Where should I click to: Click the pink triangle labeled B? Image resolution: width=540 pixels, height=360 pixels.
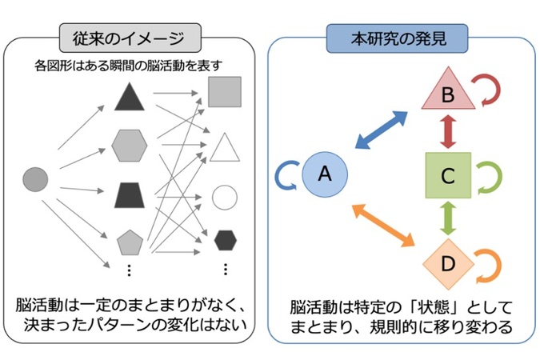(448, 93)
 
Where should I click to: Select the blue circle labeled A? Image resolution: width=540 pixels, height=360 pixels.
(325, 174)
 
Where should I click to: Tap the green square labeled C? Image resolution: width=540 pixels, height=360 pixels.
(448, 175)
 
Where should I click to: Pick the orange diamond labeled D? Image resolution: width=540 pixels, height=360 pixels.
(448, 264)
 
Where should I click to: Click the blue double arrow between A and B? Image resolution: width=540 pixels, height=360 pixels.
(382, 130)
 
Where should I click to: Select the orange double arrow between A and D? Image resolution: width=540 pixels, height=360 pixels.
(383, 226)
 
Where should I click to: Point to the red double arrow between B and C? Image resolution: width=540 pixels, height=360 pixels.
(448, 131)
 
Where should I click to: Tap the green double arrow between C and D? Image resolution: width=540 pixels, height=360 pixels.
(448, 218)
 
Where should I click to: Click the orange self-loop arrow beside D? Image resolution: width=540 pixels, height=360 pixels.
(498, 266)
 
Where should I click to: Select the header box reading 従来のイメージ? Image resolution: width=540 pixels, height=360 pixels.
(130, 38)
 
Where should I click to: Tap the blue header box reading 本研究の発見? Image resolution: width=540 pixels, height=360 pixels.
(397, 38)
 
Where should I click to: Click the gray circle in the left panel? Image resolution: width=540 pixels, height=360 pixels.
(35, 179)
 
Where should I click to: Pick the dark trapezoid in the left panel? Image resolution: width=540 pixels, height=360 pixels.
(129, 195)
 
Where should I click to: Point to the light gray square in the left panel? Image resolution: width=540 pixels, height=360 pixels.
(225, 92)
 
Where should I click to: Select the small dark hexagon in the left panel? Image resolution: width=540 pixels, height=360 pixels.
(226, 240)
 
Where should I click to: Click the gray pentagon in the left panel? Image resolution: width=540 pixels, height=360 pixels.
(130, 242)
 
